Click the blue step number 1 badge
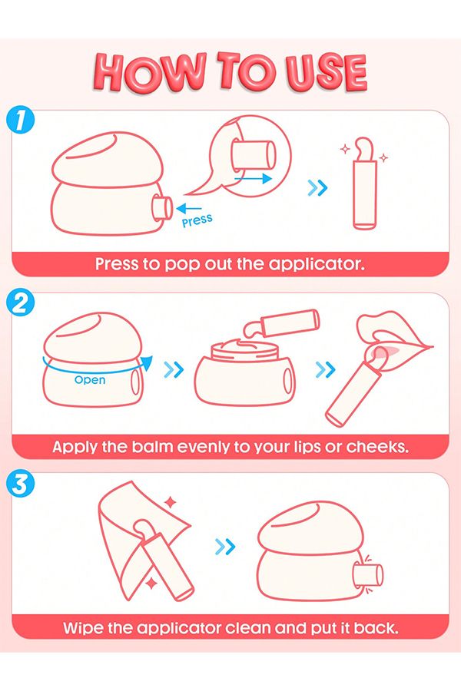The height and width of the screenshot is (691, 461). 20,121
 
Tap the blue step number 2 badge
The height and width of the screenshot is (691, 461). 20,303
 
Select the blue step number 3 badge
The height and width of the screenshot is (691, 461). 20,484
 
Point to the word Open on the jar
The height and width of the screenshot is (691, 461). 90,380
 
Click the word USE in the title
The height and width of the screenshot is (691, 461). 326,73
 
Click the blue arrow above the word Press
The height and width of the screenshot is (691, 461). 188,208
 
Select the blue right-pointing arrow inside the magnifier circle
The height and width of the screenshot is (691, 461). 254,178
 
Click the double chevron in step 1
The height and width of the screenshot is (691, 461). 317,188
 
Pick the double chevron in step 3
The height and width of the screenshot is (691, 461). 225,547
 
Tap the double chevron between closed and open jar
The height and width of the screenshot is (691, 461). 174,370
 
